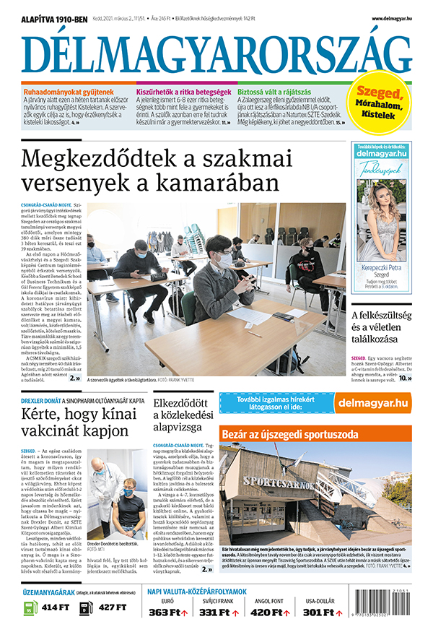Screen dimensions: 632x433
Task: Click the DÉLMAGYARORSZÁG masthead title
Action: (x=216, y=53)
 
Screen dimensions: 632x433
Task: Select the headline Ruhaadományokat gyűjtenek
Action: (x=68, y=92)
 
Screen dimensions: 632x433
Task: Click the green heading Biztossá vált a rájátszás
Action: (x=276, y=92)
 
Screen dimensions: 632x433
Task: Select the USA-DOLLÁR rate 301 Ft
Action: (x=318, y=612)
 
